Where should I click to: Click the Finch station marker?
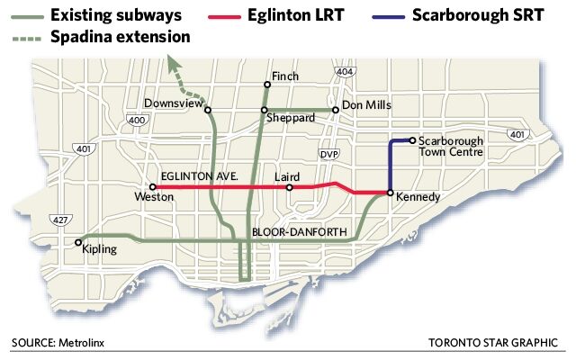[265, 85]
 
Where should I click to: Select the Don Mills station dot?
[335, 110]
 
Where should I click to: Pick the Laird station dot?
[289, 187]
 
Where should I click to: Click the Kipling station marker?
[79, 241]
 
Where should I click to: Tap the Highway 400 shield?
[137, 120]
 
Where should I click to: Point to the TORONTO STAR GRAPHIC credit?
[494, 343]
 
